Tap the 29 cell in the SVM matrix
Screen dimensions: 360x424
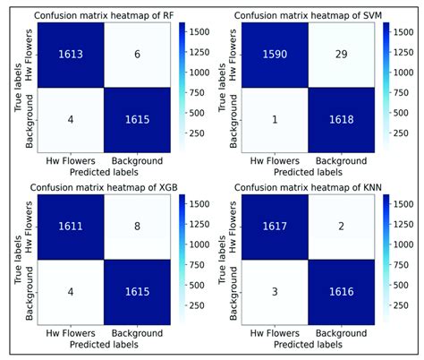coord(335,55)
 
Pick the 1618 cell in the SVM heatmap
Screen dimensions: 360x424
coord(335,119)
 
